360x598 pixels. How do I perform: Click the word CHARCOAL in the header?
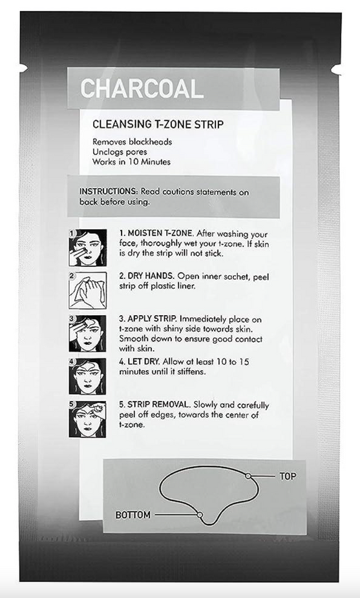click(142, 88)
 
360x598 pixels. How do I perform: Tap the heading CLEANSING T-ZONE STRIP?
click(158, 124)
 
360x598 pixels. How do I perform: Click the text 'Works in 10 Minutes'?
click(131, 162)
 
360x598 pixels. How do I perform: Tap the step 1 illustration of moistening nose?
click(87, 247)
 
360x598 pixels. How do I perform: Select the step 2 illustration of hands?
click(87, 290)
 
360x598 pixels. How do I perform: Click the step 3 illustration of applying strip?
click(87, 333)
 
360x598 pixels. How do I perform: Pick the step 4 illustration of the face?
click(87, 376)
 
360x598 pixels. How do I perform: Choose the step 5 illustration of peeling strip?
click(87, 418)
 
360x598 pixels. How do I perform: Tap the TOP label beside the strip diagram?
click(288, 477)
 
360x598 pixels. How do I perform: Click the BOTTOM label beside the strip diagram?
click(132, 515)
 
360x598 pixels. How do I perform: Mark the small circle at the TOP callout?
click(248, 476)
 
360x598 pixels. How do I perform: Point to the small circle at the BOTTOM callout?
click(200, 515)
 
